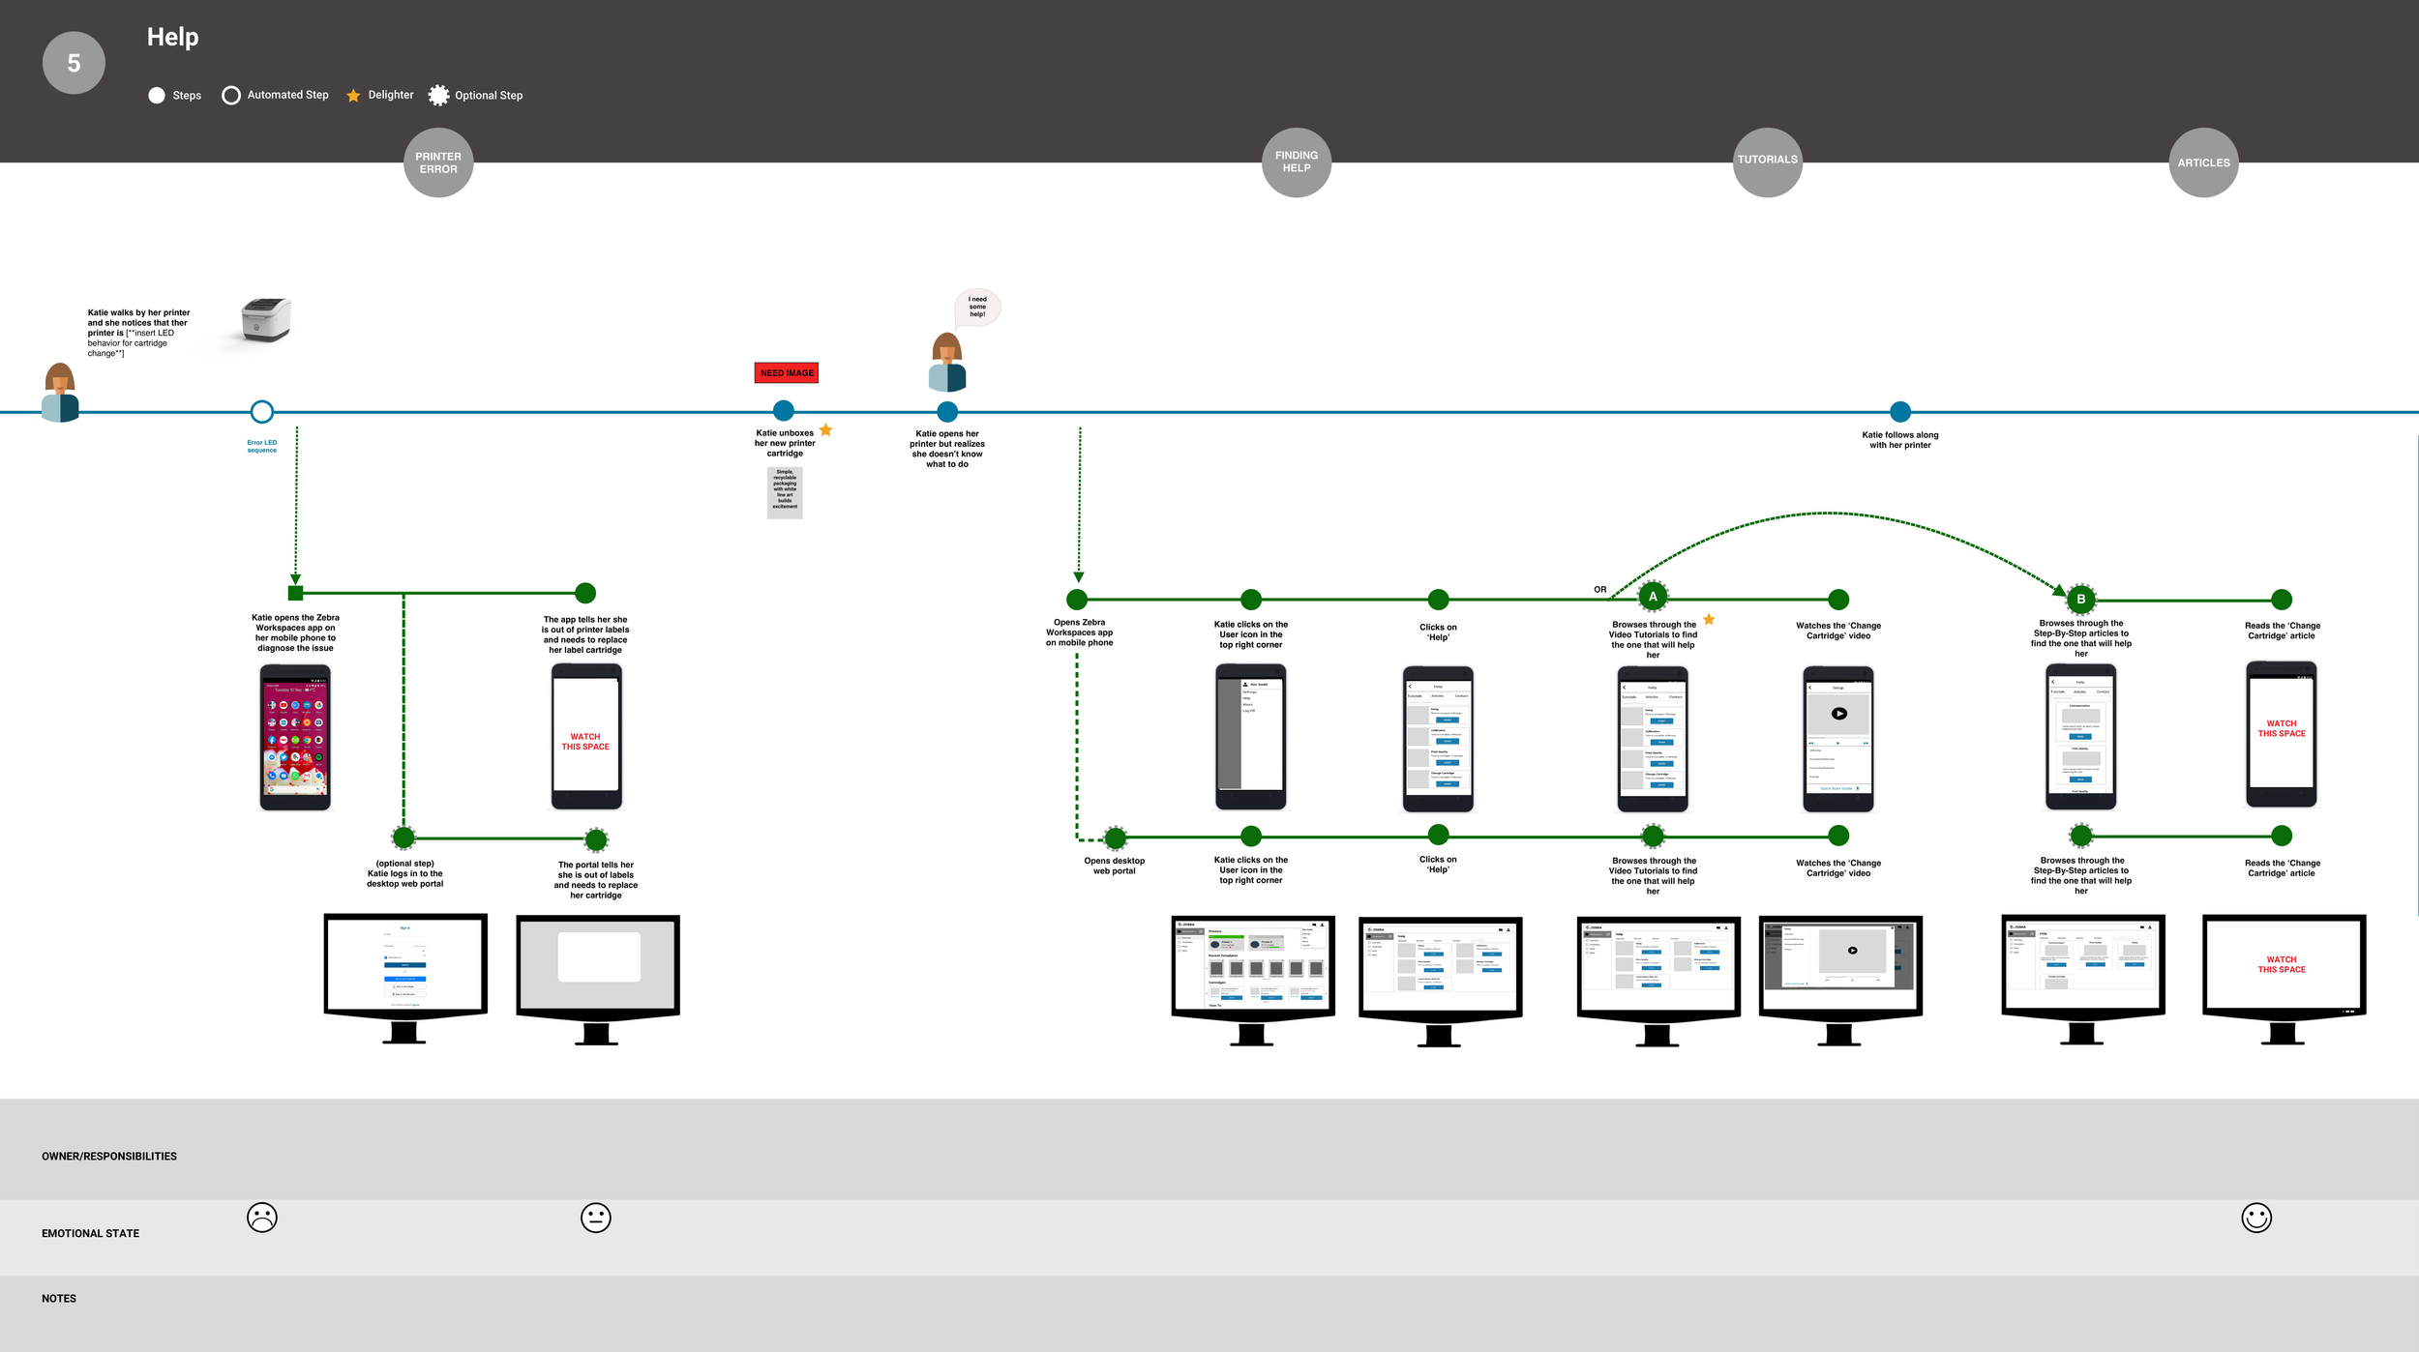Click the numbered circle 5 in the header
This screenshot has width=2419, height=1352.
[x=74, y=63]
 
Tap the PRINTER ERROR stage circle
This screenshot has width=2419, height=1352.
[x=438, y=162]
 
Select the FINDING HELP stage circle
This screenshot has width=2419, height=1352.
[x=1297, y=162]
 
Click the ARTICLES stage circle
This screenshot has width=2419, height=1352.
[x=2203, y=162]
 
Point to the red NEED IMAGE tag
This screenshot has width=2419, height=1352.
[x=787, y=373]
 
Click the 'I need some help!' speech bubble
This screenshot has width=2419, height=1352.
[x=977, y=307]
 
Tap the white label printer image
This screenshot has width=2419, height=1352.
[x=265, y=319]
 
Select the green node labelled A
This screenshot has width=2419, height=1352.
[x=1653, y=597]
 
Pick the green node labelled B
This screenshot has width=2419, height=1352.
[x=2081, y=600]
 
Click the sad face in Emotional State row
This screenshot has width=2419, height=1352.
[x=262, y=1218]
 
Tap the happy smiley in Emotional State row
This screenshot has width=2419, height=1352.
[x=2256, y=1218]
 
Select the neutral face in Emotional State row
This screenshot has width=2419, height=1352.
[x=596, y=1218]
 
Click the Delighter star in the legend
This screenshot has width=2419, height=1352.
[x=353, y=96]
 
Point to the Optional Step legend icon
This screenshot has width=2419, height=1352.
[x=439, y=95]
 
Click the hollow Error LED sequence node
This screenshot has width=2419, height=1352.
[x=261, y=412]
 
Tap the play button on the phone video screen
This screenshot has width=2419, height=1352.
[x=1838, y=714]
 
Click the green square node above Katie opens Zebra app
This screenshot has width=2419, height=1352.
[x=296, y=593]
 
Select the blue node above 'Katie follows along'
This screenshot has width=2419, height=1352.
[x=1900, y=412]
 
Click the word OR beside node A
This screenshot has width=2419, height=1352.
[x=1600, y=589]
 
